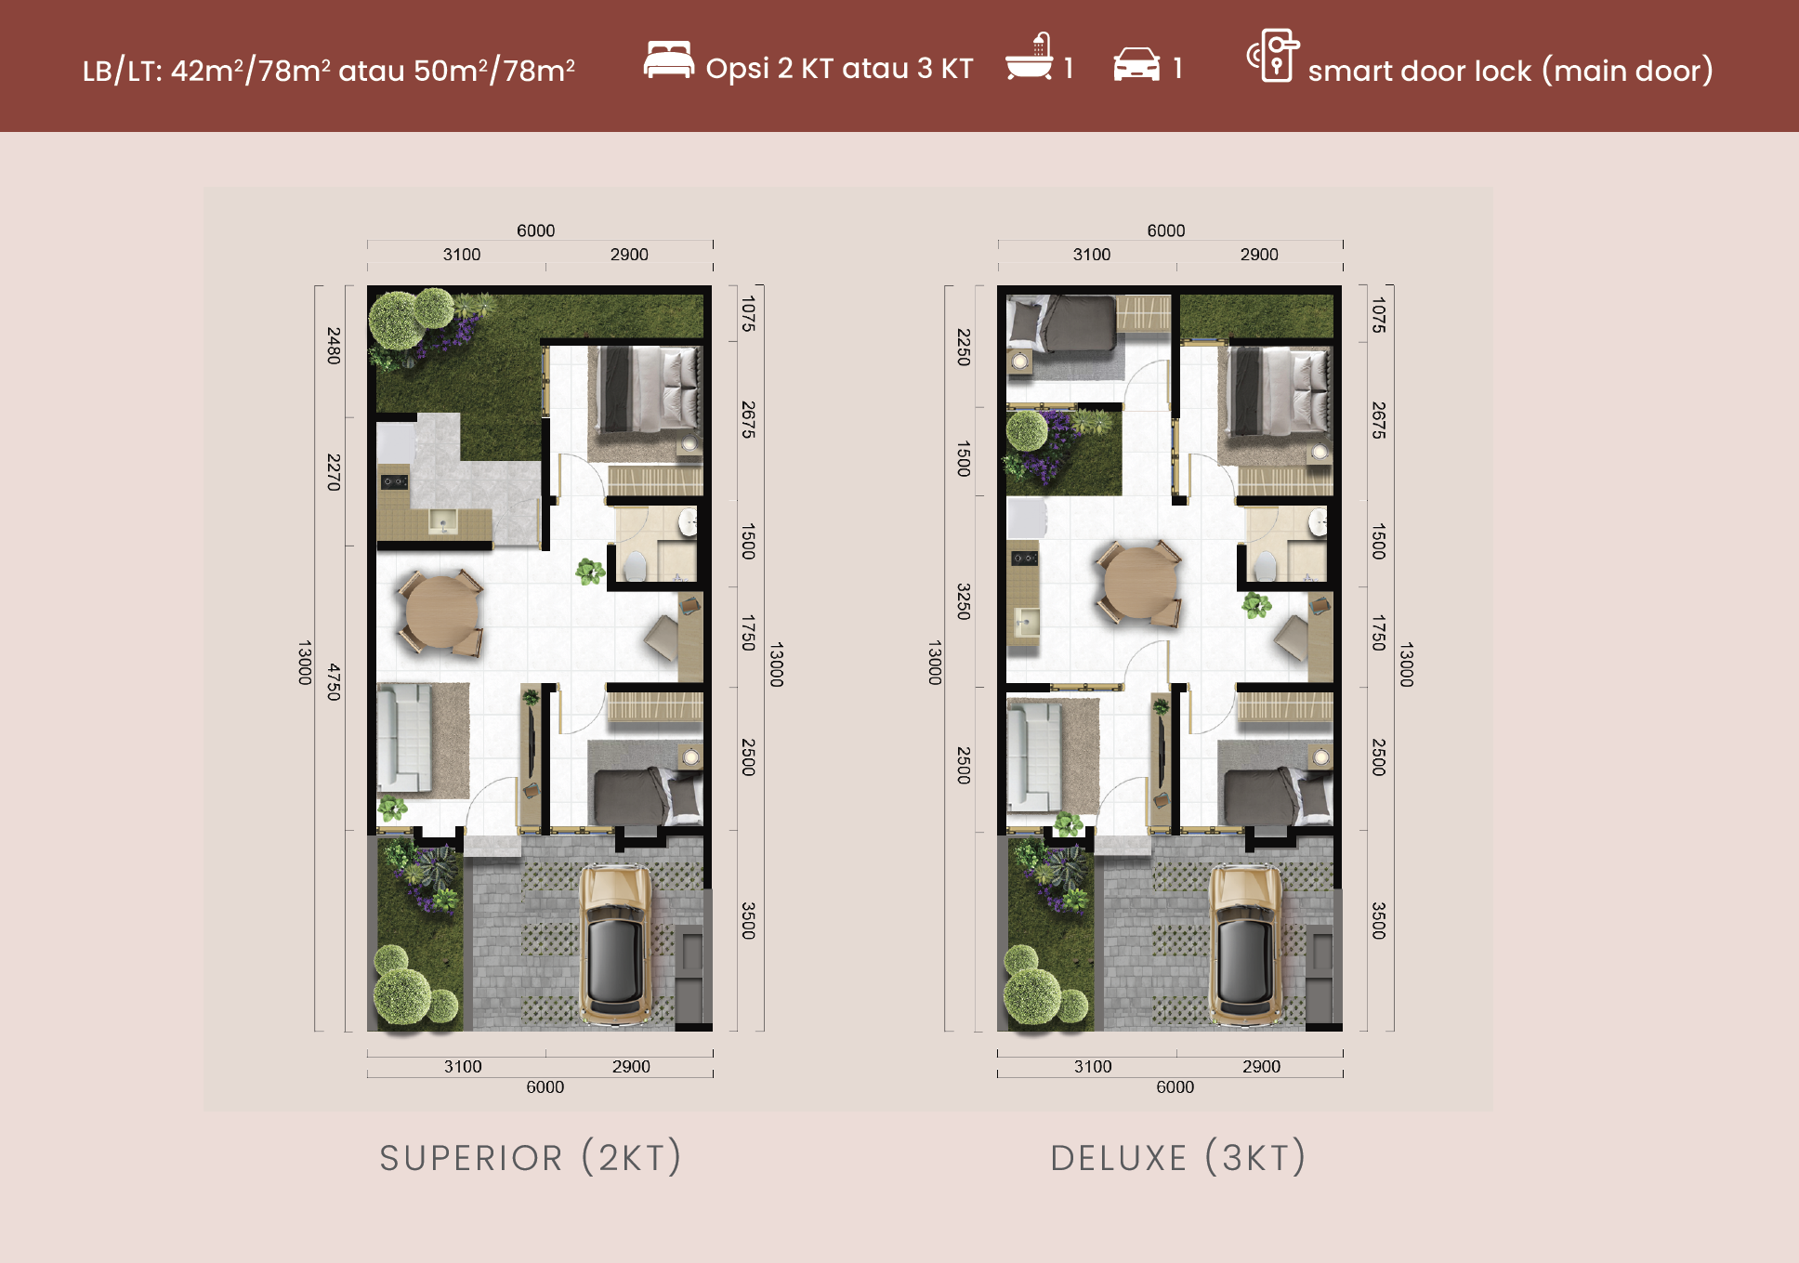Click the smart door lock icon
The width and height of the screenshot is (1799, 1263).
coord(1273,56)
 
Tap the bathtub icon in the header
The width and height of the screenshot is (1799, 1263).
coord(1030,58)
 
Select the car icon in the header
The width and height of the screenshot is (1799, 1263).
coord(1136,64)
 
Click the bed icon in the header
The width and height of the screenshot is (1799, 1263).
coord(669,59)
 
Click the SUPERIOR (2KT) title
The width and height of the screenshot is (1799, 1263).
coord(531,1158)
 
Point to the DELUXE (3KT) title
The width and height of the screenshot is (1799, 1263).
coord(1178,1158)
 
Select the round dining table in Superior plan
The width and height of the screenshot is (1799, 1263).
coord(441,612)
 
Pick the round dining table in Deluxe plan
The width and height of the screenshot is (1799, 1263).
coord(1139,583)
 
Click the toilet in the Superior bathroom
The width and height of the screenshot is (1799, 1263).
coord(635,566)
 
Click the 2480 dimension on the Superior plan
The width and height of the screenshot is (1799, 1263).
coord(334,346)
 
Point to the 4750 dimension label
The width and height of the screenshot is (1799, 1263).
coord(334,682)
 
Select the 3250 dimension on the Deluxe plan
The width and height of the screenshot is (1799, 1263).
coord(964,601)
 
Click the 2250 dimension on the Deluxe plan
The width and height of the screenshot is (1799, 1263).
coord(964,347)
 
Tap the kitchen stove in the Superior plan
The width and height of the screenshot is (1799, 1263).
coord(394,481)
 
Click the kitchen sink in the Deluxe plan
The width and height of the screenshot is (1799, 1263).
coord(1026,621)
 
